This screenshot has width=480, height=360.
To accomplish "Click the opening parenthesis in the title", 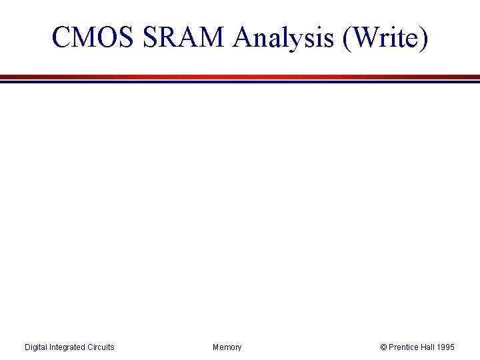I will (x=347, y=39).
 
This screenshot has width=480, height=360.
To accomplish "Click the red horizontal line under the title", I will (x=240, y=77).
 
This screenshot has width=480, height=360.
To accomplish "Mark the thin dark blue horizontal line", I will (x=240, y=82).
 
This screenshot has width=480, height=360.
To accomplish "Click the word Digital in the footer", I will (x=36, y=347).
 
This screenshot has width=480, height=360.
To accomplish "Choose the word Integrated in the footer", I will (x=69, y=347).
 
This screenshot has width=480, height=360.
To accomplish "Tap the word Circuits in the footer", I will (x=101, y=347).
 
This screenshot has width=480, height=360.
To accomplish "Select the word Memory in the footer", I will (x=227, y=347).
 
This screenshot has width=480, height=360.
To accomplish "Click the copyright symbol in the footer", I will (x=383, y=347).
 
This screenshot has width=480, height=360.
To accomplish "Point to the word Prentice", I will (x=405, y=347).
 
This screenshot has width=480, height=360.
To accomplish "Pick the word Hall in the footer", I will (x=431, y=347).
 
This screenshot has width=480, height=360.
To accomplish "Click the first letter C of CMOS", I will (x=61, y=39).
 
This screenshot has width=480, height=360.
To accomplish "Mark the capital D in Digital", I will (x=27, y=347).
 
